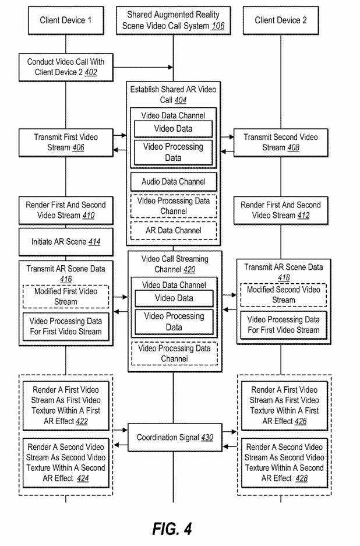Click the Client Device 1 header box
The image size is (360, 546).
[65, 21]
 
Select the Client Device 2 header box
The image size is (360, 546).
[281, 21]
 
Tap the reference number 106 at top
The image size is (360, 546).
[217, 26]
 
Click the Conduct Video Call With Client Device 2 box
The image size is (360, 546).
[65, 66]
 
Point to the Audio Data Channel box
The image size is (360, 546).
[173, 182]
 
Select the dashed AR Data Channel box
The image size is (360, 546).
[173, 230]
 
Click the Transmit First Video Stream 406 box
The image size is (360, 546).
[65, 143]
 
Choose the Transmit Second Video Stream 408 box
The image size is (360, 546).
[281, 143]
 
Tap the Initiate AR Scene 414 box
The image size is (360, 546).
[65, 241]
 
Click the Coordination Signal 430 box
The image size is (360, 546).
[173, 436]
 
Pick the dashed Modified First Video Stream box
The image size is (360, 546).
[65, 297]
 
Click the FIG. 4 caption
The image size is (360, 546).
[172, 529]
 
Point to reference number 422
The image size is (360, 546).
[78, 421]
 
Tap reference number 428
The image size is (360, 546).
[300, 478]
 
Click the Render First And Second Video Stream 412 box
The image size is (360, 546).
[281, 210]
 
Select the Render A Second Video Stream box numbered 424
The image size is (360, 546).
[65, 463]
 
